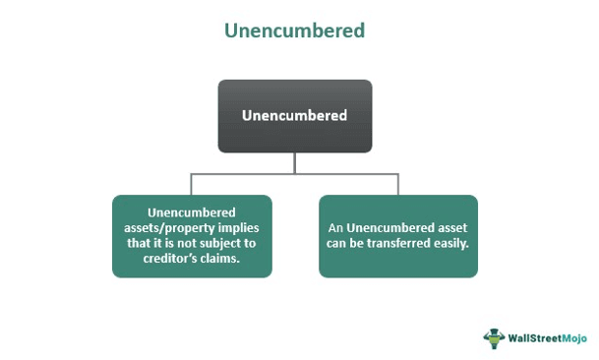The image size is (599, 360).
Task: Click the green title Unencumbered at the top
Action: tap(295, 30)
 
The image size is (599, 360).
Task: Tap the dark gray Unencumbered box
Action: tap(295, 116)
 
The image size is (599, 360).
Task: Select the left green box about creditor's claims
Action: tap(193, 235)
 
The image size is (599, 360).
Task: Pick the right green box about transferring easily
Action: tap(398, 235)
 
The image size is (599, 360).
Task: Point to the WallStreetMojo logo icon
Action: tap(494, 336)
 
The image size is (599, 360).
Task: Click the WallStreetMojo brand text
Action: tap(545, 337)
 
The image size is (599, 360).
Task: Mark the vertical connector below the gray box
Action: tap(295, 163)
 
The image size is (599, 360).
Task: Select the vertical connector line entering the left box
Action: tap(193, 185)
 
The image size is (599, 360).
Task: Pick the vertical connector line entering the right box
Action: tap(398, 185)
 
